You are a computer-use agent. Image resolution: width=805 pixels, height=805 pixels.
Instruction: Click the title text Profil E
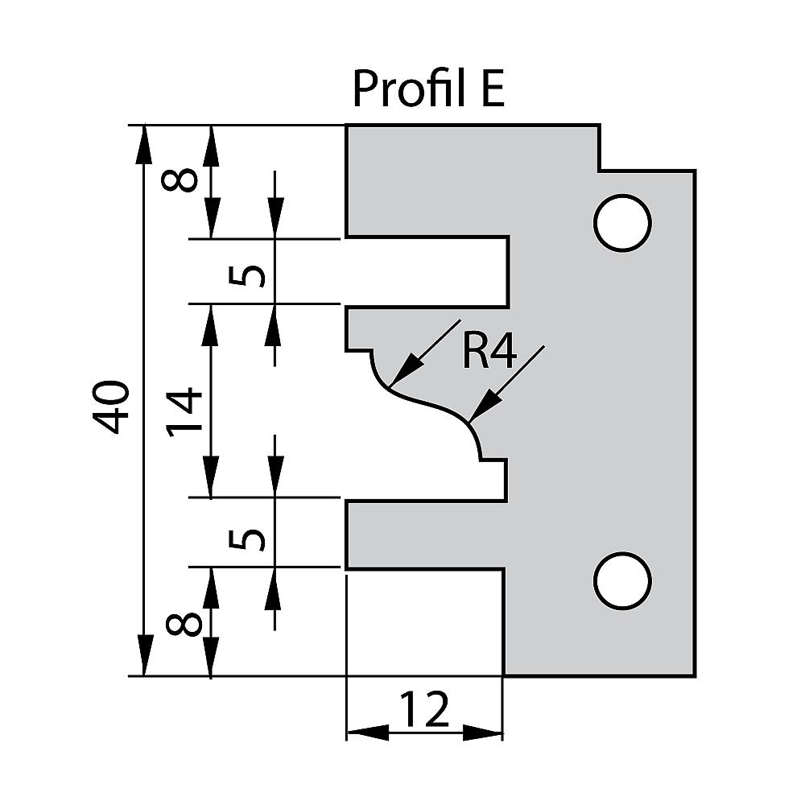(x=428, y=89)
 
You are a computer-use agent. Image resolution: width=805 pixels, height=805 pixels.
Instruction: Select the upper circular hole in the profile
(x=621, y=221)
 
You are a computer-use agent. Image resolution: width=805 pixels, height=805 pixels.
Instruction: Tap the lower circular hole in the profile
(x=621, y=580)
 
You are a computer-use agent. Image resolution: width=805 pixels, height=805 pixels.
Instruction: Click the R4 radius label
(x=489, y=352)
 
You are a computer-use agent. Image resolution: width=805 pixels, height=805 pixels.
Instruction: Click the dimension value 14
(x=185, y=411)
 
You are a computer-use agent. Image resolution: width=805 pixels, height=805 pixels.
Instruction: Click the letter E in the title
(x=493, y=89)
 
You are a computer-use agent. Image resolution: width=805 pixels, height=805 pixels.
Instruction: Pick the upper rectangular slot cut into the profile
(x=427, y=271)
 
